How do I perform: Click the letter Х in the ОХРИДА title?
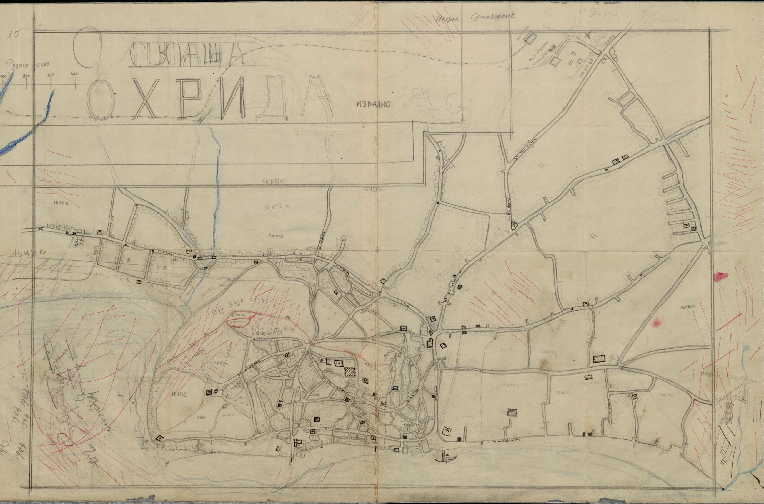(x=147, y=99)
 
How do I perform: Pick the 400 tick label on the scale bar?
(x=74, y=75)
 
